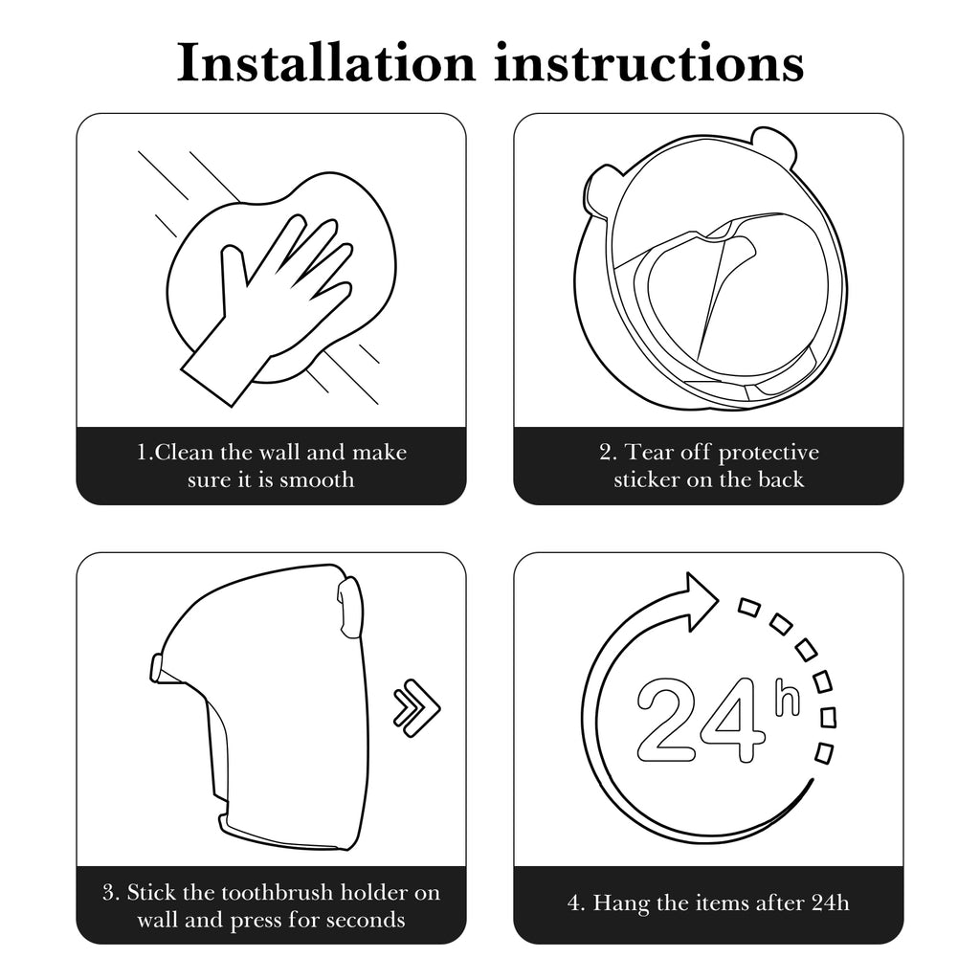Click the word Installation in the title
click(x=326, y=62)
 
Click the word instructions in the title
click(x=650, y=62)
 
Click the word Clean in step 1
click(x=185, y=452)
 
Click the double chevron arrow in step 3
click(x=417, y=707)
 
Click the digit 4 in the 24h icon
click(x=732, y=720)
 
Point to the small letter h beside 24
click(x=787, y=697)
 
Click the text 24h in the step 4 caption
click(x=831, y=902)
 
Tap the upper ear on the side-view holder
click(x=350, y=605)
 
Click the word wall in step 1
click(x=280, y=452)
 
